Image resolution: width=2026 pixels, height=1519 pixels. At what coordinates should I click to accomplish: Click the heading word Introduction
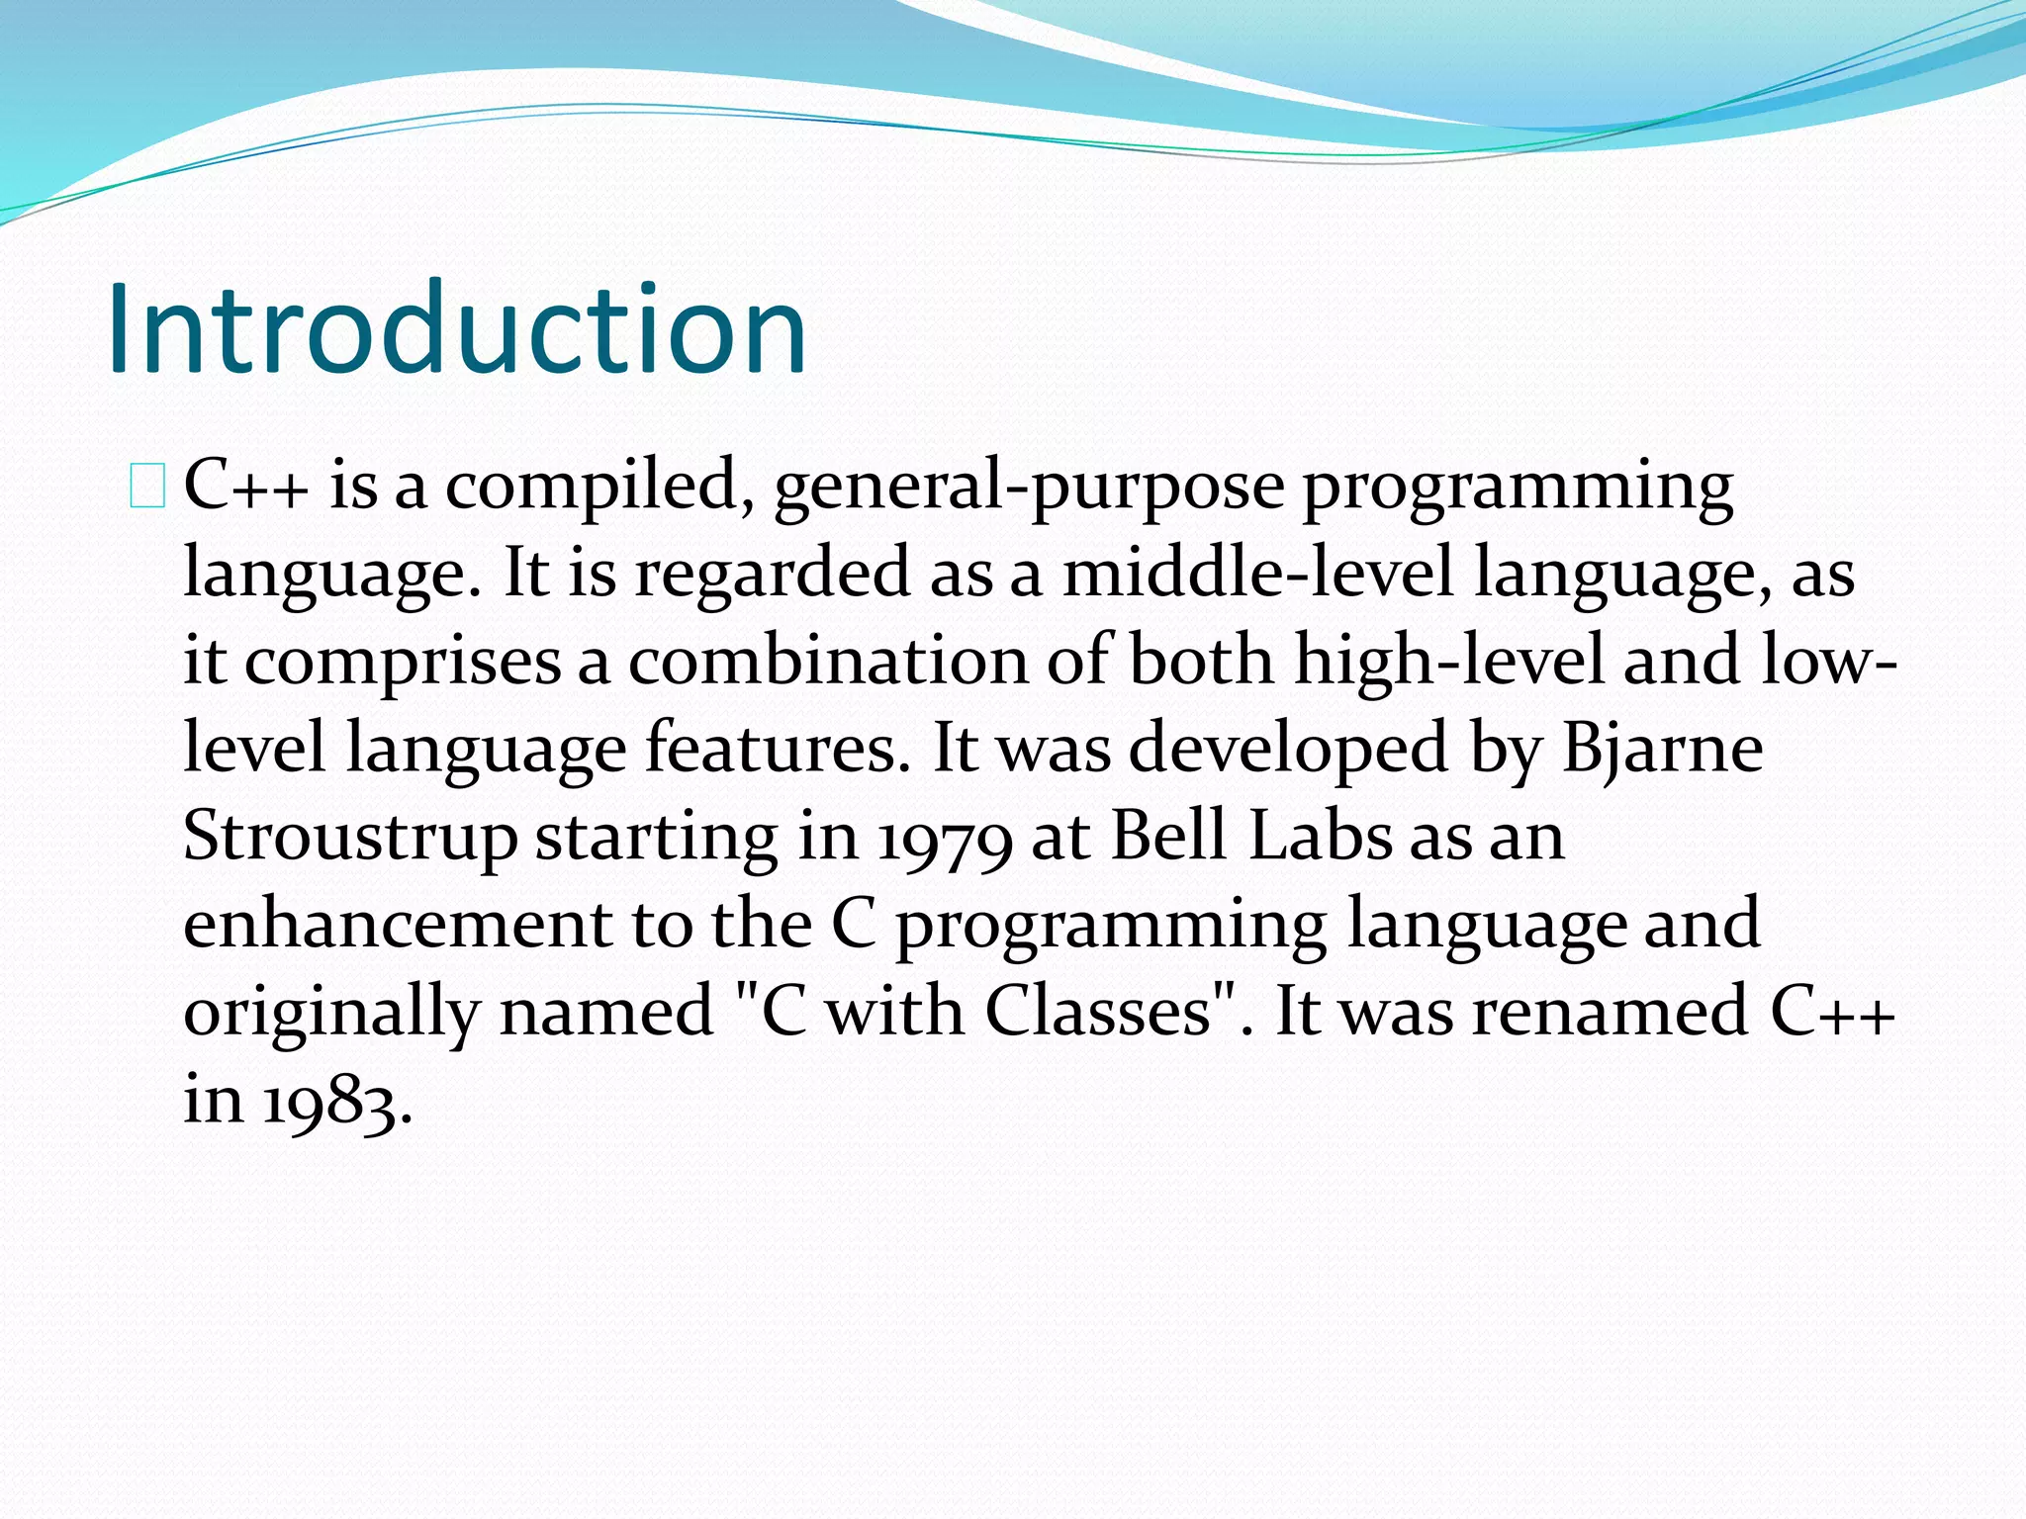pos(457,329)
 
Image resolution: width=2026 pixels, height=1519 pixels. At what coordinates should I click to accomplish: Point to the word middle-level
pos(1257,575)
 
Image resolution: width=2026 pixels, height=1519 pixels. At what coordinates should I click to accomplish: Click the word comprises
pos(403,662)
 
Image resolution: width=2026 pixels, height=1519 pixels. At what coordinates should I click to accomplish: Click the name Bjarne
pos(1662,749)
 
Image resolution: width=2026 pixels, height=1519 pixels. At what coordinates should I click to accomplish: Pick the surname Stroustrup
pos(350,837)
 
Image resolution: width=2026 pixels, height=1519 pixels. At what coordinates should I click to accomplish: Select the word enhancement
pos(398,924)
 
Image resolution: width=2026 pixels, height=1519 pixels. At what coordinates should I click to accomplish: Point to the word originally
pos(332,1013)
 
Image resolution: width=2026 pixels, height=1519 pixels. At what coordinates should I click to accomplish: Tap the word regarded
pos(772,575)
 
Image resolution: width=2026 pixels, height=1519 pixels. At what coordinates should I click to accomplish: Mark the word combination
pos(828,661)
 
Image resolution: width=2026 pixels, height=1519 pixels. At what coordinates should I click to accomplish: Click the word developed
pos(1288,749)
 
